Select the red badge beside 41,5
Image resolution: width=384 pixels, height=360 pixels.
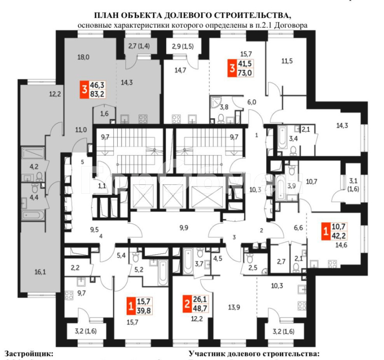(232, 69)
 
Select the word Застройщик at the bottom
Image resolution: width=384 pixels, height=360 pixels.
(29, 354)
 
